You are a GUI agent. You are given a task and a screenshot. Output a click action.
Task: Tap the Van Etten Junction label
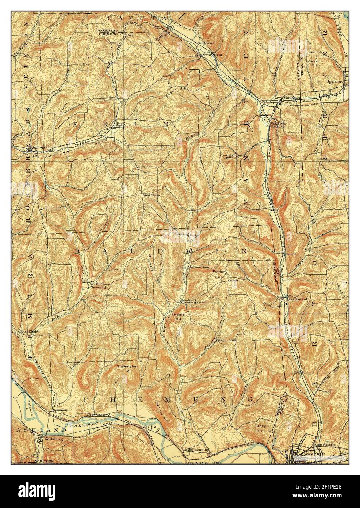pos(276,125)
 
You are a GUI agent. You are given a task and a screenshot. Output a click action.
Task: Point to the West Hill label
pos(315,63)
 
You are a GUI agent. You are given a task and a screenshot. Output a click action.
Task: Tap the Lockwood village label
pos(298,299)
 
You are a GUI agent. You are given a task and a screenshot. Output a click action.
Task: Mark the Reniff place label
pos(291,253)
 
